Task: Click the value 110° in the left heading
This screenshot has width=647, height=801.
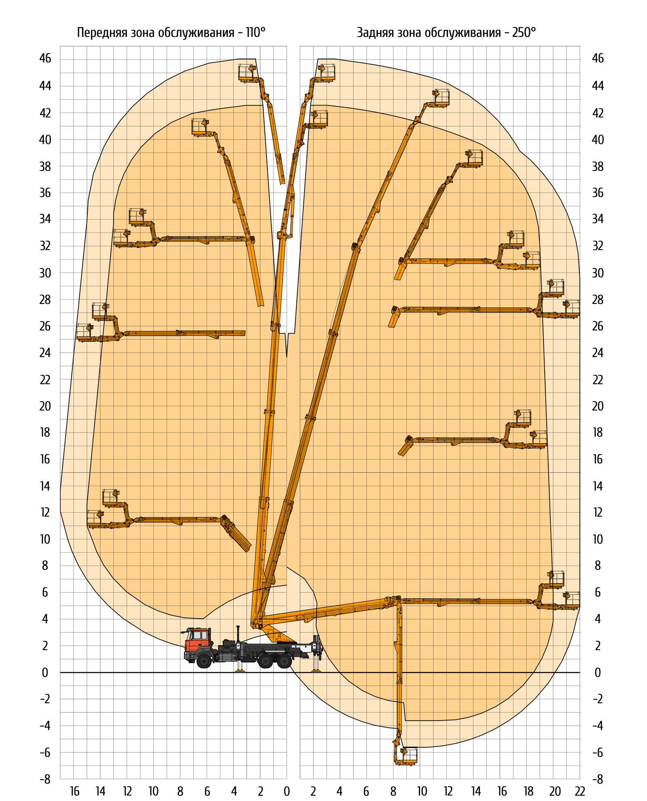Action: click(256, 32)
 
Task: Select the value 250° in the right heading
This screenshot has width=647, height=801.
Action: click(524, 32)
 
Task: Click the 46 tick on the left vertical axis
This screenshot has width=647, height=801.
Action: click(45, 59)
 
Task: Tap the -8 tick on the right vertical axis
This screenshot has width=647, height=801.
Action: click(598, 779)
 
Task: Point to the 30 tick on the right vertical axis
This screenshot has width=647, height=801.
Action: click(598, 273)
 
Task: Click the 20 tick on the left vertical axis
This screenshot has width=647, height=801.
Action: click(45, 406)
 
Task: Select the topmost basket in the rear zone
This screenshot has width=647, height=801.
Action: click(327, 72)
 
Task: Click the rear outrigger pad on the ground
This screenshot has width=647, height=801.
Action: click(316, 671)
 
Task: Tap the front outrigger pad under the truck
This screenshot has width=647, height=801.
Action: click(241, 671)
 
